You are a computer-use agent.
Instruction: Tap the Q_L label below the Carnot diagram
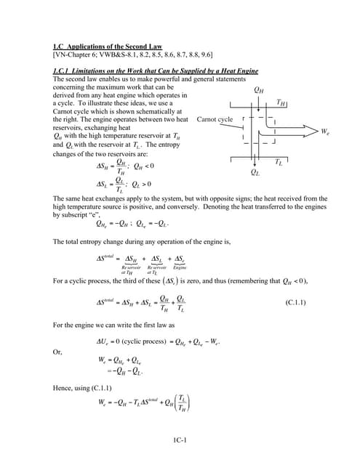coord(255,172)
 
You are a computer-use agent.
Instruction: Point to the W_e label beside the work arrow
coord(325,132)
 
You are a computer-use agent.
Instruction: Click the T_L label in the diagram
coord(279,162)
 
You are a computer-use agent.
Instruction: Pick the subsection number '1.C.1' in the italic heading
coord(63,70)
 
